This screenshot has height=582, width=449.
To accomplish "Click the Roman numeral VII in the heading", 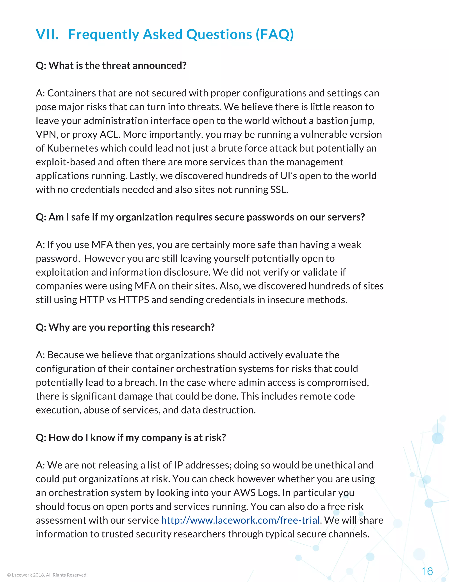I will pyautogui.click(x=47, y=34).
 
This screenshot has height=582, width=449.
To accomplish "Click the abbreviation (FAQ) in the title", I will pyautogui.click(x=274, y=34).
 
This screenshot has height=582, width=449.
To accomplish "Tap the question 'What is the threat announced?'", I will pyautogui.click(x=111, y=65).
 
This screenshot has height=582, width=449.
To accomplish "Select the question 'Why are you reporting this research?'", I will pyautogui.click(x=125, y=327).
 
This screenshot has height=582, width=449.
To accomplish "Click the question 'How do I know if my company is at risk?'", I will pyautogui.click(x=131, y=437).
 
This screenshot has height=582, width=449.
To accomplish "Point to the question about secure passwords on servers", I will pyautogui.click(x=200, y=217).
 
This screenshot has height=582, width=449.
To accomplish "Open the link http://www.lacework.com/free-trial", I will pyautogui.click(x=240, y=520).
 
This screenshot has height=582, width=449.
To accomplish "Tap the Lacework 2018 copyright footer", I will pyautogui.click(x=47, y=575).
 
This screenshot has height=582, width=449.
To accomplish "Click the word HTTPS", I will pyautogui.click(x=134, y=300).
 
